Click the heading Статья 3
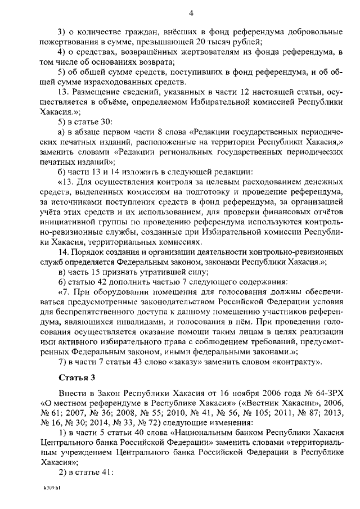(76, 377)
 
